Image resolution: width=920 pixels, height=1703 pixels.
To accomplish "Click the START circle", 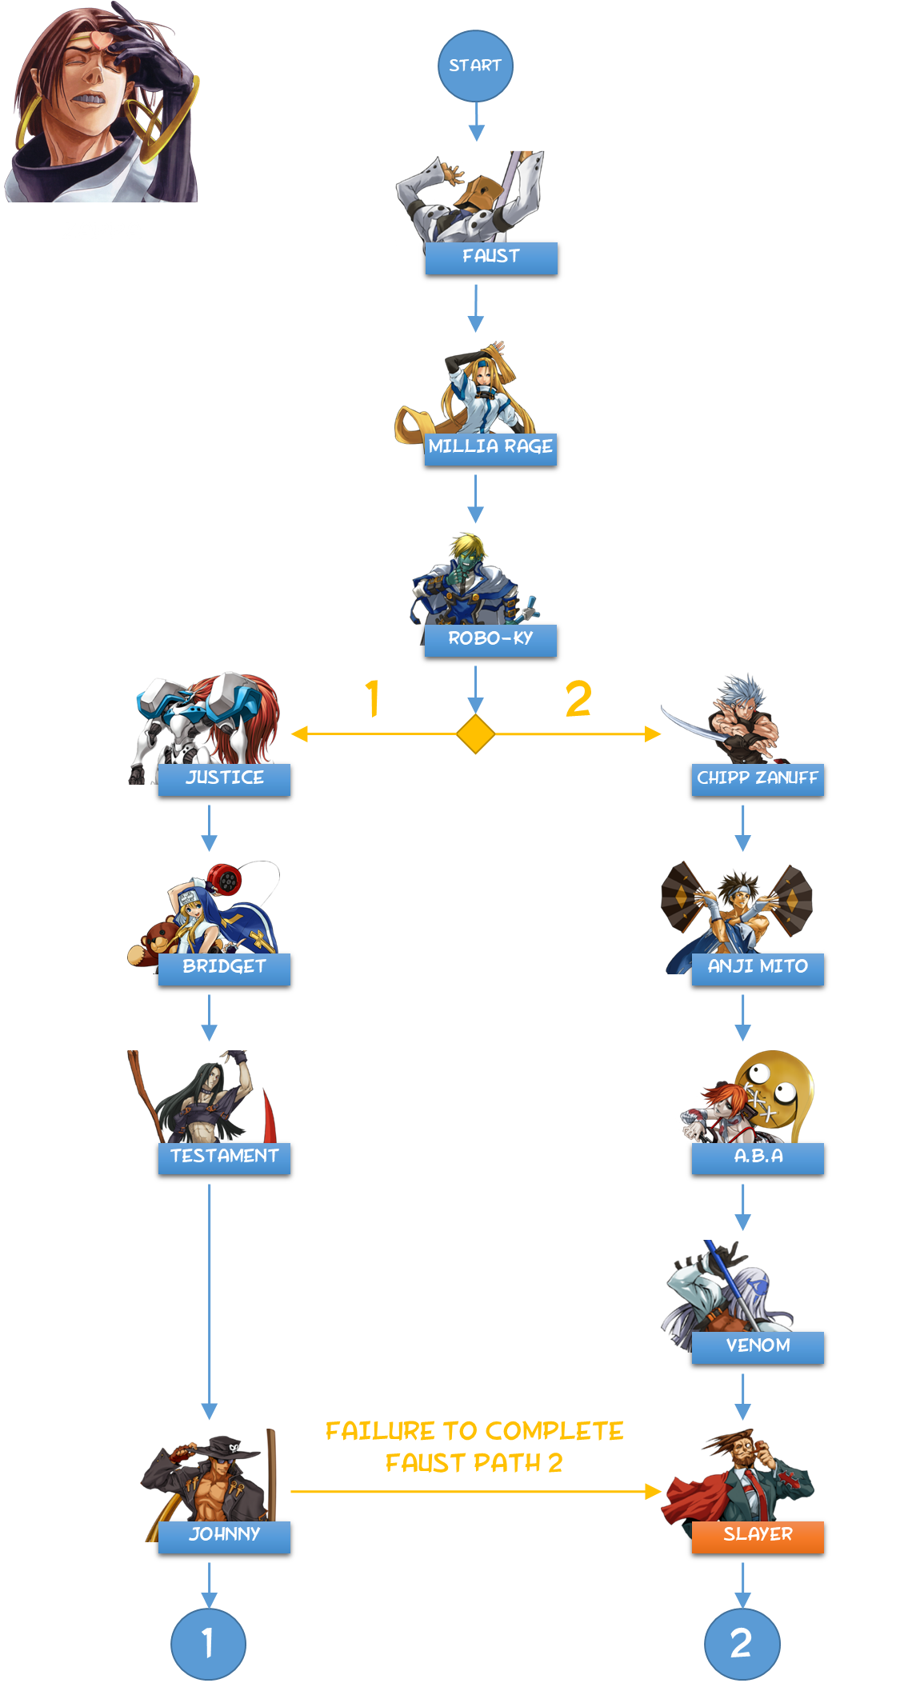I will [475, 66].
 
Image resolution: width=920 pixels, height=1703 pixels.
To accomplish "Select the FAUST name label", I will [491, 258].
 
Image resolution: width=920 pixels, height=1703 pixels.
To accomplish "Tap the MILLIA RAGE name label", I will [490, 448].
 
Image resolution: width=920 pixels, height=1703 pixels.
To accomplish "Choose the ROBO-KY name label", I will [490, 640].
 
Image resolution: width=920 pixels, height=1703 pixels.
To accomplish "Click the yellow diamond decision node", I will [475, 734].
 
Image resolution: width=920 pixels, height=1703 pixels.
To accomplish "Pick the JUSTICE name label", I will [224, 779].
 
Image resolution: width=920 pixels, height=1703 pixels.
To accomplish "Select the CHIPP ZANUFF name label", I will [758, 779].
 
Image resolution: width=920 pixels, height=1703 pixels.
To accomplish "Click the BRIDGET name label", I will [224, 968].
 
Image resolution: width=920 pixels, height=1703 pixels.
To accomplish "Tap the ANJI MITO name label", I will [758, 968].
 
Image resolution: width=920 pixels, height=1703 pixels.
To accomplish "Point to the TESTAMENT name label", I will [224, 1157].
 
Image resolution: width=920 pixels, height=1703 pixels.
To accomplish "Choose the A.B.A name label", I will [758, 1157].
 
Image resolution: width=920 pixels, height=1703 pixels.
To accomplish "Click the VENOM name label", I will [758, 1347].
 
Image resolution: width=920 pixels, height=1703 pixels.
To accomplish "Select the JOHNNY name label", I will [224, 1536].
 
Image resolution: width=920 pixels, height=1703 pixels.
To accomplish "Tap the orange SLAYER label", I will [758, 1536].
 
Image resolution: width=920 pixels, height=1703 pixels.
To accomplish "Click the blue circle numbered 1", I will [208, 1644].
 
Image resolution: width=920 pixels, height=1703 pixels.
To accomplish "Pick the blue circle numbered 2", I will [742, 1644].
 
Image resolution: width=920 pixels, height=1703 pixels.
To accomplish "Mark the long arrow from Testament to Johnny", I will [210, 1296].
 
